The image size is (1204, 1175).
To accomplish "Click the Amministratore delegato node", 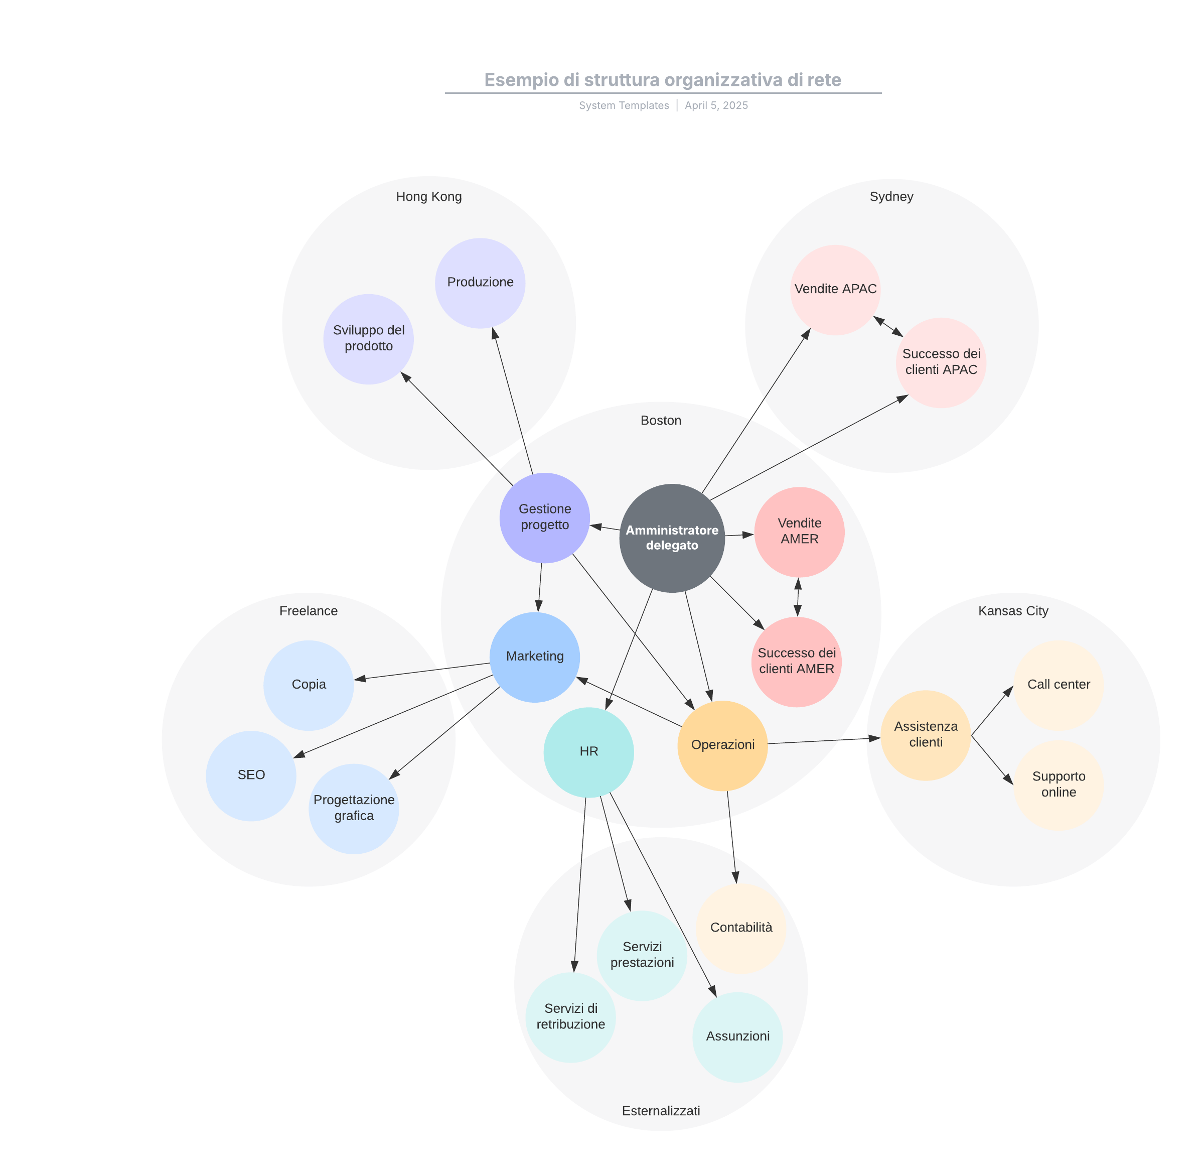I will click(x=672, y=538).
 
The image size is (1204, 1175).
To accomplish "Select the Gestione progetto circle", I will click(x=545, y=518).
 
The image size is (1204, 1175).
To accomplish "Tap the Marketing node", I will click(x=535, y=657).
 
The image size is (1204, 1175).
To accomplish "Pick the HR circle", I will click(x=588, y=752).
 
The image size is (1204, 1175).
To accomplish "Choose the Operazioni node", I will click(x=722, y=745).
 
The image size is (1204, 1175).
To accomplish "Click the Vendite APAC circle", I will click(x=835, y=290).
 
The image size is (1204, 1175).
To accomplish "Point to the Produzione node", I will click(x=480, y=283).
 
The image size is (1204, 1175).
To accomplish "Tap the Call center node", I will click(x=1059, y=685).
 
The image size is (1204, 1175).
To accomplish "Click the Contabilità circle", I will click(x=741, y=928).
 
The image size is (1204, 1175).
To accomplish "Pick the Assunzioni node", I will click(x=737, y=1036).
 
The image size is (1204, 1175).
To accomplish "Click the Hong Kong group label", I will click(x=429, y=197).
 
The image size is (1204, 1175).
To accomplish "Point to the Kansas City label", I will click(x=1013, y=611).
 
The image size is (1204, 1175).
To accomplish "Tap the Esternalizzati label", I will click(x=661, y=1111).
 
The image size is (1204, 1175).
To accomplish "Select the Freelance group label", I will click(x=309, y=611).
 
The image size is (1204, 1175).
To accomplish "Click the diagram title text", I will click(x=662, y=80).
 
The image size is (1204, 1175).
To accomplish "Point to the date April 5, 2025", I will click(x=716, y=105).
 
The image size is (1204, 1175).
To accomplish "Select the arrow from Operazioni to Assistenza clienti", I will click(x=823, y=740).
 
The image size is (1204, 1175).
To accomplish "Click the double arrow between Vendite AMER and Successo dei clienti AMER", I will click(x=798, y=597).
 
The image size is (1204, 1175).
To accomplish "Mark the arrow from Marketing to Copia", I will click(x=422, y=672).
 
